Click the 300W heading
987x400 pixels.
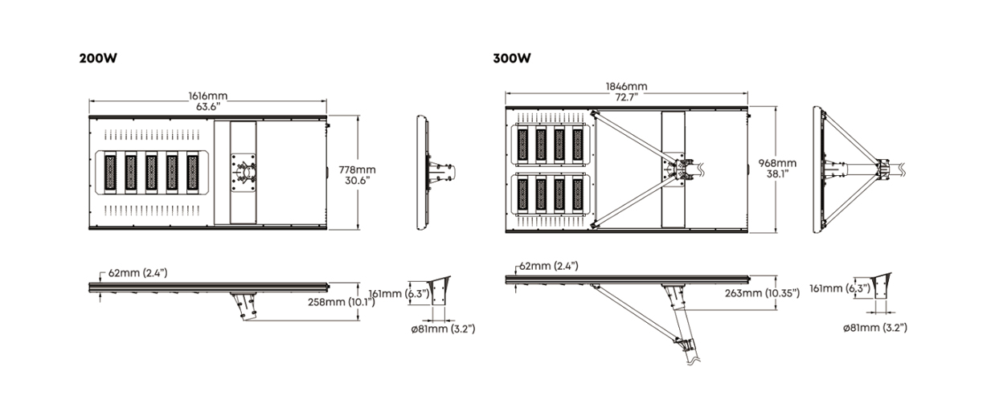[x=511, y=59]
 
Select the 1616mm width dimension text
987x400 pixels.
[x=207, y=96]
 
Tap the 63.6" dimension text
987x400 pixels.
[x=207, y=105]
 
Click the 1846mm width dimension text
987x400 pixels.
[x=626, y=87]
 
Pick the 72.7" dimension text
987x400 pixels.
[x=626, y=96]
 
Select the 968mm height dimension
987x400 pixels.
[x=777, y=163]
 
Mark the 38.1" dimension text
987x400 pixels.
[x=777, y=173]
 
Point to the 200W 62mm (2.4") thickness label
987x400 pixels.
[x=138, y=273]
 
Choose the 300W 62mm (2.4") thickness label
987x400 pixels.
[x=549, y=266]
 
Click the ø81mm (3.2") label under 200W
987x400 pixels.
[x=442, y=329]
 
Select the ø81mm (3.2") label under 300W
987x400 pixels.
[x=874, y=328]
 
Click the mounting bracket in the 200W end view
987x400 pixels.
[x=440, y=172]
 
